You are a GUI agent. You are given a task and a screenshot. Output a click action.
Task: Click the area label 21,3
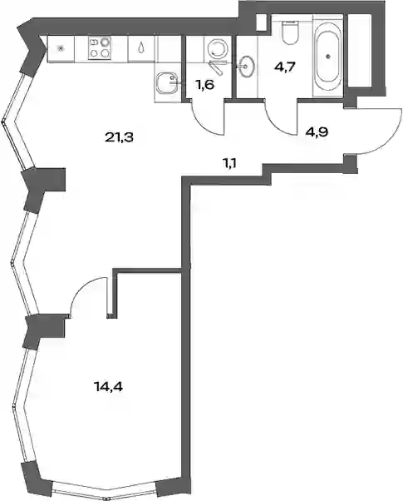(x=118, y=137)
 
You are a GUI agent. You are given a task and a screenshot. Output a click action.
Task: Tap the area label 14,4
(x=109, y=387)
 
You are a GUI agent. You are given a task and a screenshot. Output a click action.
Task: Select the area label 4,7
(x=286, y=67)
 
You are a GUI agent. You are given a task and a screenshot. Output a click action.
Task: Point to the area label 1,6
(x=204, y=85)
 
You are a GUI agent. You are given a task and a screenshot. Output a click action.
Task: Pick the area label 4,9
(x=317, y=131)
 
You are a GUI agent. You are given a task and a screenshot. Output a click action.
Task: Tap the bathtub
(x=328, y=56)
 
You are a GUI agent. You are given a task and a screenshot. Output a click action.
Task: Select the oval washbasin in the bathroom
(x=246, y=67)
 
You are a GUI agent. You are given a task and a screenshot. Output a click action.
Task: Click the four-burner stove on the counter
(x=100, y=48)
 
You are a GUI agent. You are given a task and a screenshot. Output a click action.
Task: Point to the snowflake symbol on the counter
(x=60, y=48)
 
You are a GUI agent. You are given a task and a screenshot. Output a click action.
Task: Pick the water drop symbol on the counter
(x=140, y=48)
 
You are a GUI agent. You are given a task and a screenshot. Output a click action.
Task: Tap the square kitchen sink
(x=166, y=82)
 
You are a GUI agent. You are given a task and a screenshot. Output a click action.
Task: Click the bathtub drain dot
(x=327, y=57)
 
